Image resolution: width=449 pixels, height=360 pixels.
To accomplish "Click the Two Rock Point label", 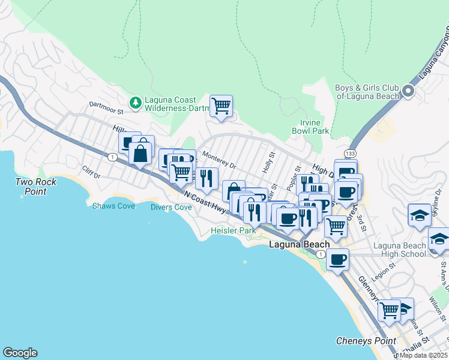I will tap(36, 187).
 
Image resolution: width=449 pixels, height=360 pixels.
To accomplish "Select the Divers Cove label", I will tap(171, 208).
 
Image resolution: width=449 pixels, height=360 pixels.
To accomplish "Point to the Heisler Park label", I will tap(233, 230).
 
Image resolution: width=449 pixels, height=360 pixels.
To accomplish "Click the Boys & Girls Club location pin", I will tap(408, 92).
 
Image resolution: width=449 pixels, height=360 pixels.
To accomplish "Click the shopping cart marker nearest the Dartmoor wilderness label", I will tap(221, 106).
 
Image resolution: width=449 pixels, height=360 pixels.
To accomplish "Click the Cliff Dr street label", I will tap(91, 172).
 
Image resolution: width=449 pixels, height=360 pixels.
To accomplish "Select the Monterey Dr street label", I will tap(219, 160).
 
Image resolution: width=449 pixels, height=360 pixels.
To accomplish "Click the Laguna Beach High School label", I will tap(399, 250).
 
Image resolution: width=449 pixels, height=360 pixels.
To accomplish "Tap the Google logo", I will tap(20, 353).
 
